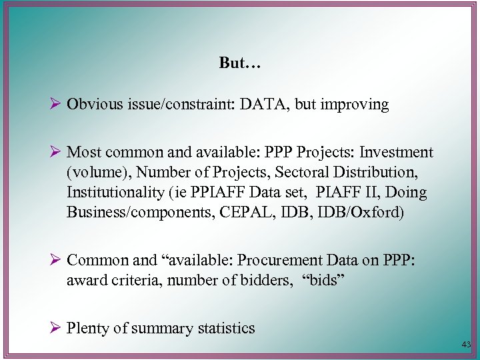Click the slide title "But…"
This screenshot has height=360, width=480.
coord(240,63)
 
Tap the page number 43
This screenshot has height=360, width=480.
coord(465,345)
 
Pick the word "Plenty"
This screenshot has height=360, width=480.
coord(89,328)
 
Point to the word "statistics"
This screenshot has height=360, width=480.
coord(223,328)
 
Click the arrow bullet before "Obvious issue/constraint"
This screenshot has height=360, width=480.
coord(55,105)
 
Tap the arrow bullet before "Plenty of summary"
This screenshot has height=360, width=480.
coord(55,327)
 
